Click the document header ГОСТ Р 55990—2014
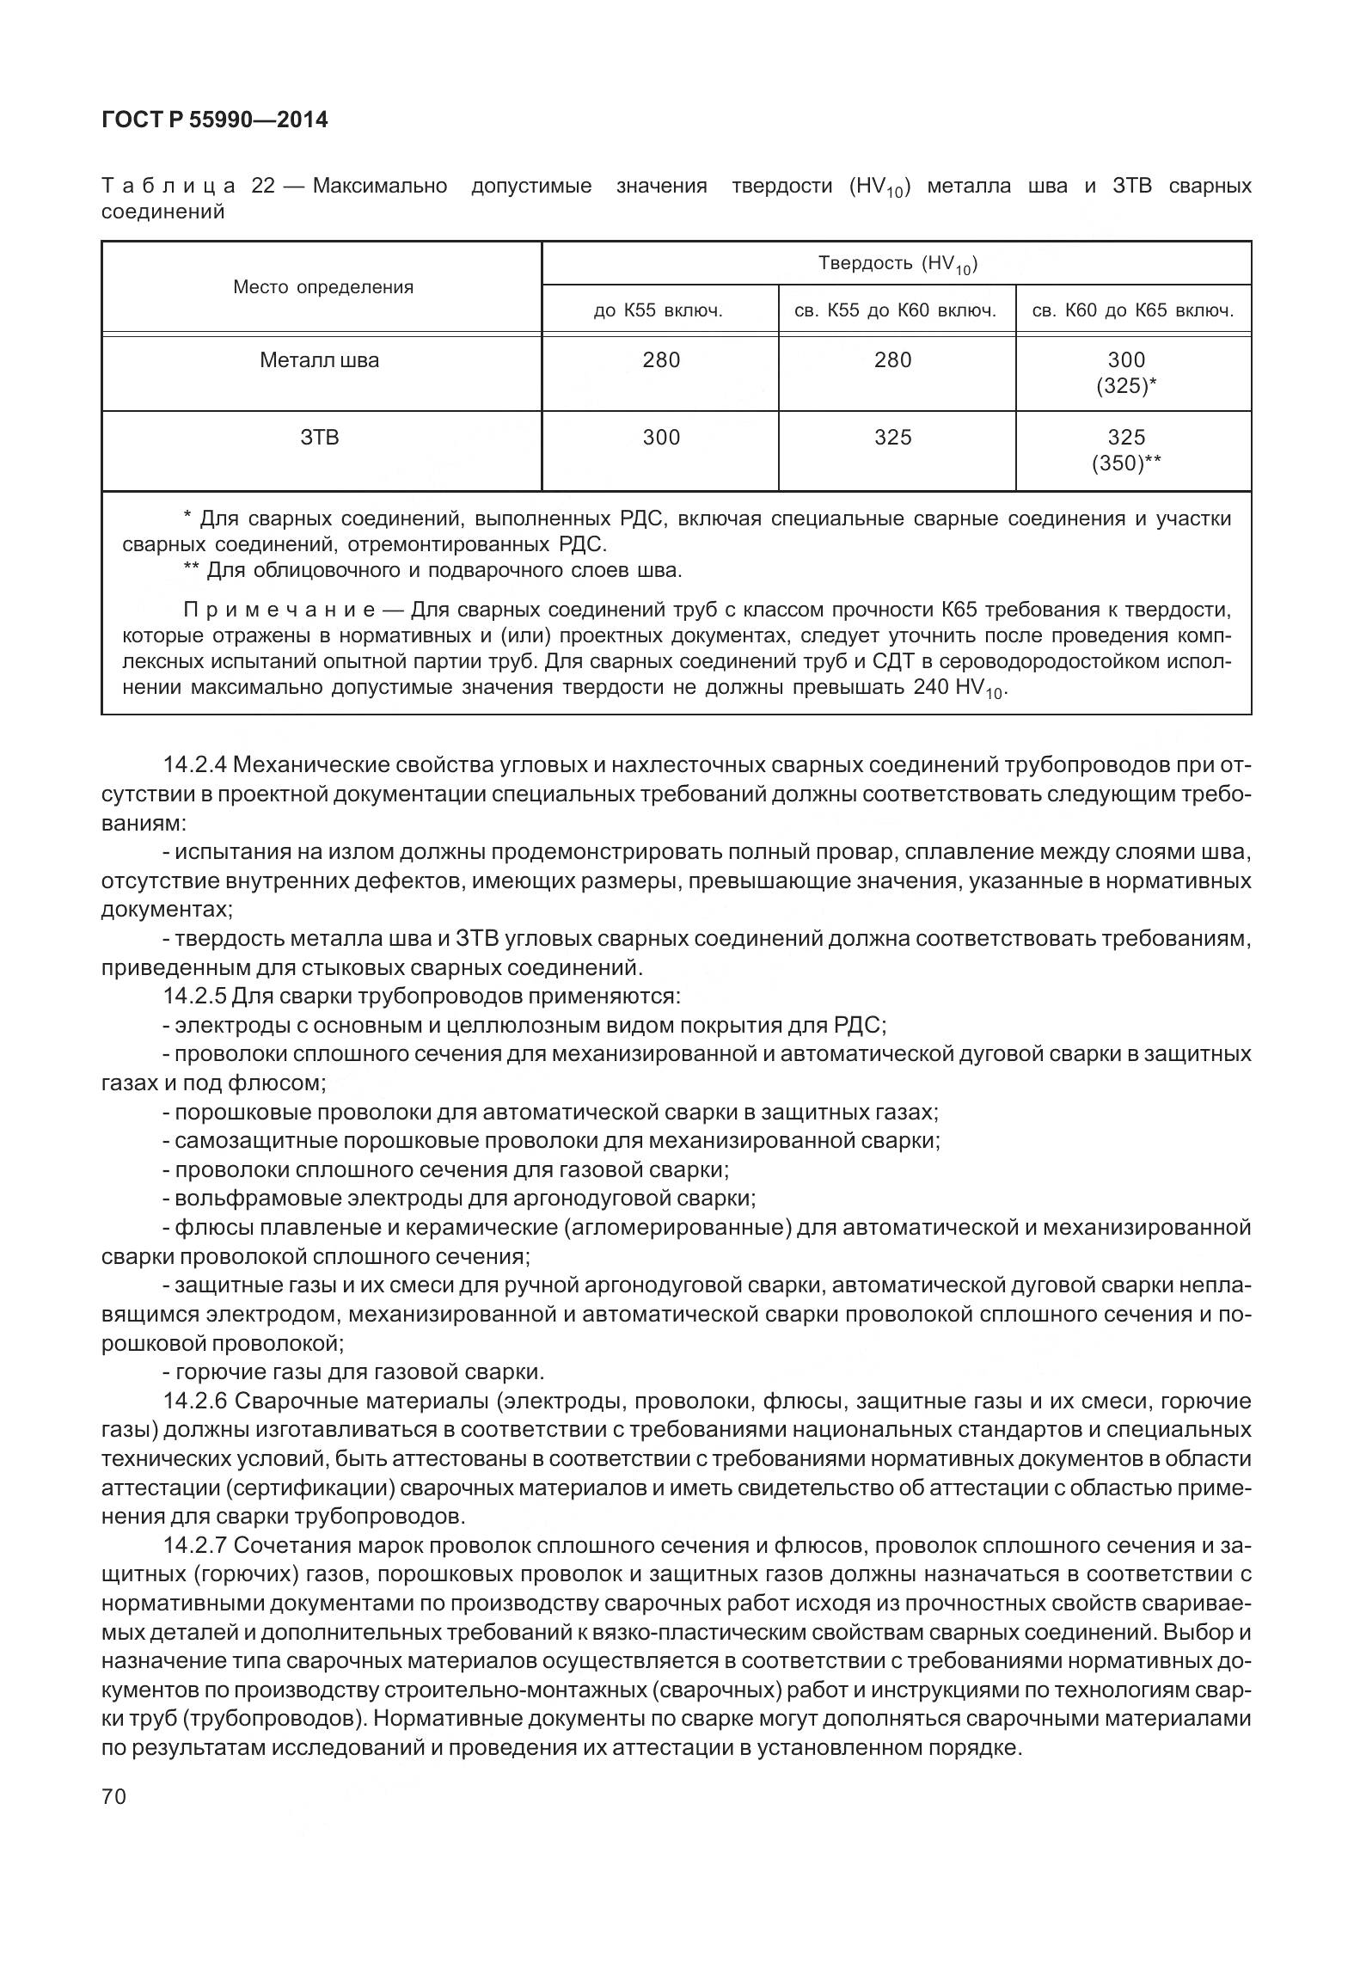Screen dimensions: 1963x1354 point(214,120)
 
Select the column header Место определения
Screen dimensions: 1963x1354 point(322,288)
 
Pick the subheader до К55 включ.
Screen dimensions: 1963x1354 point(659,311)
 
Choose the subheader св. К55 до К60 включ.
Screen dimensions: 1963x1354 point(895,311)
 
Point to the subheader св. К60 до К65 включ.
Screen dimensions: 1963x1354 point(1132,311)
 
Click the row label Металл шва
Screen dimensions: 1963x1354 point(319,360)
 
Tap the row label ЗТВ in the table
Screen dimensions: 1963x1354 point(320,438)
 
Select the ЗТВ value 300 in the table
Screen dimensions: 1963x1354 point(661,438)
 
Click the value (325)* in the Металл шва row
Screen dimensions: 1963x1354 point(1125,387)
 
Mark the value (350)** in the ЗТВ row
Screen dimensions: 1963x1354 point(1126,464)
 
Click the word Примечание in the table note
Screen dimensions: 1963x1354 point(279,610)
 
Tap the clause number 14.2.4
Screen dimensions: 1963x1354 point(194,765)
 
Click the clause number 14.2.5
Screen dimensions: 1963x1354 point(194,997)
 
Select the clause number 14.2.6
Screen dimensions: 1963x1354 point(194,1402)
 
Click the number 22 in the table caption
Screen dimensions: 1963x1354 point(263,187)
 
